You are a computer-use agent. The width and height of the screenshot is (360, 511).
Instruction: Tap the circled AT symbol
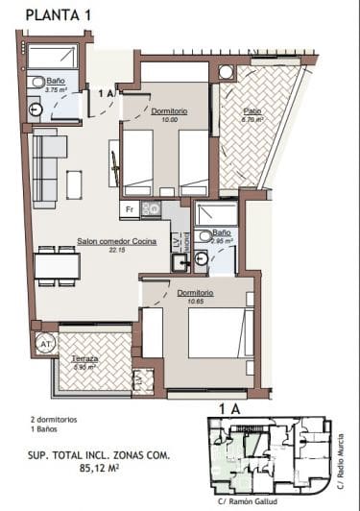(x=45, y=342)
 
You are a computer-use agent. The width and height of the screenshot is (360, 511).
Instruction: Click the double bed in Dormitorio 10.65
(x=219, y=332)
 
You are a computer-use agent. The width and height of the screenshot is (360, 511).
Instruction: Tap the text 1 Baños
(x=48, y=430)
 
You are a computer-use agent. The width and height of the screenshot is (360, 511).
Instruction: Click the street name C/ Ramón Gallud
(x=249, y=502)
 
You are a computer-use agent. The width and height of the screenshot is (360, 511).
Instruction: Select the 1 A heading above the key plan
(x=229, y=409)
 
